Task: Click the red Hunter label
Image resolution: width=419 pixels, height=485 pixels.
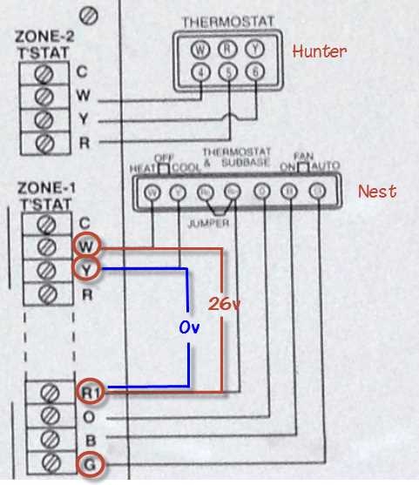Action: click(319, 51)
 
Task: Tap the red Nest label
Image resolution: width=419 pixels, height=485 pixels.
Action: click(377, 191)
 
